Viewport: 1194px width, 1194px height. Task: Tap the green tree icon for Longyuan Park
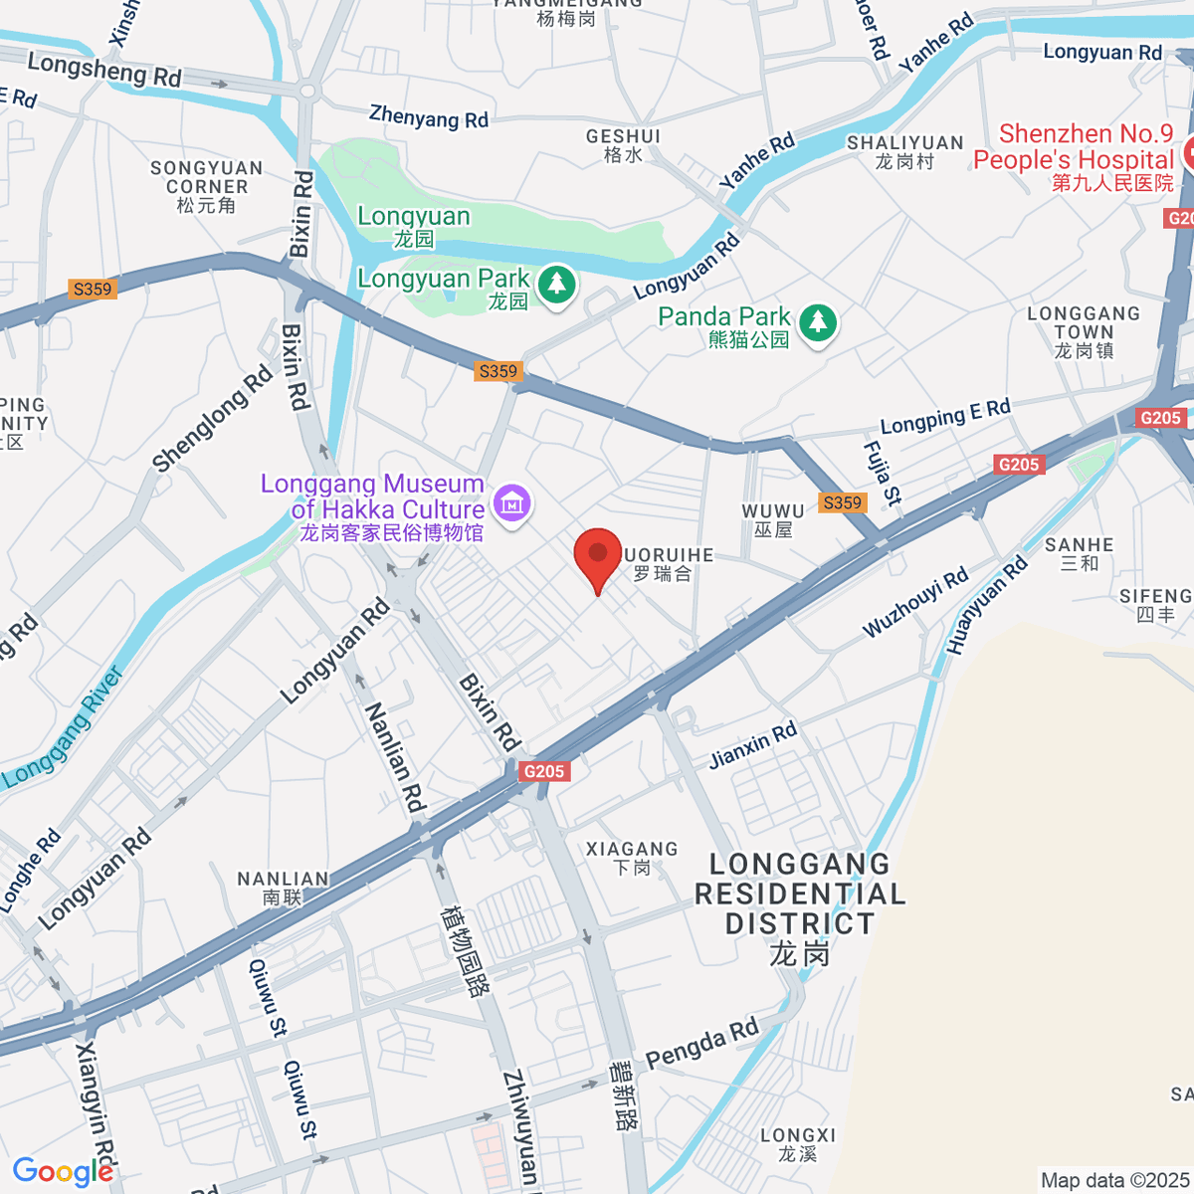tap(556, 285)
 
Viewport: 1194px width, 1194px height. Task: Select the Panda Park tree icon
tap(818, 321)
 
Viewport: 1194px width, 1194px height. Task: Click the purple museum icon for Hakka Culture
tap(512, 503)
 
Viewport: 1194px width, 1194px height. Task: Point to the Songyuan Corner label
tap(207, 186)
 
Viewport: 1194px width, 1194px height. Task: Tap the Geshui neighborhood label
tap(624, 144)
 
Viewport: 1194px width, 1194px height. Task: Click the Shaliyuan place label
tap(904, 151)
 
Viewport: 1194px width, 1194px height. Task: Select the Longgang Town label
tap(1084, 331)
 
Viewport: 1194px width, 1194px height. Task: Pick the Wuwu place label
tap(773, 520)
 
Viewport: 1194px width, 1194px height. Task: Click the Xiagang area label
tap(632, 858)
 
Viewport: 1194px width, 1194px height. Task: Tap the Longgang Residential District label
tap(800, 908)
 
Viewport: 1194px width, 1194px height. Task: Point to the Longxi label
tap(798, 1144)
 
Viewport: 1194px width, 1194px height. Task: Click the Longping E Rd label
tap(945, 416)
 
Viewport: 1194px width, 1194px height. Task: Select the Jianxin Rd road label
tap(753, 745)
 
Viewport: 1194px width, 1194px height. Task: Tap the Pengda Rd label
tap(702, 1043)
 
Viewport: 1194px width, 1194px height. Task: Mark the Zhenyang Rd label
tap(429, 117)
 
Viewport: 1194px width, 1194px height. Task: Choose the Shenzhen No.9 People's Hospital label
tap(1075, 157)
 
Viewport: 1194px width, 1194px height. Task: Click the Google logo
tap(63, 1171)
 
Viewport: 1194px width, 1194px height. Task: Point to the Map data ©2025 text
tap(1114, 1180)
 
